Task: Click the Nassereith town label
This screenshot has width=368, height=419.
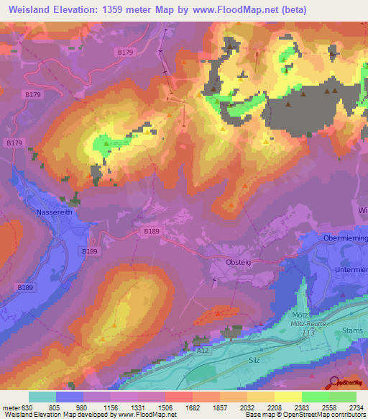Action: [x=56, y=212]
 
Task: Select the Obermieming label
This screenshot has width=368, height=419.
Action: [x=346, y=238]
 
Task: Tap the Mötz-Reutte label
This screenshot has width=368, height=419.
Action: [x=307, y=325]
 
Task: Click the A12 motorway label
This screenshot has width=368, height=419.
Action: [x=205, y=351]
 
